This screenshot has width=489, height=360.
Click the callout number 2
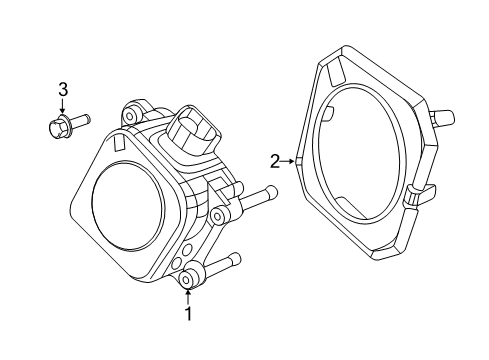click(x=274, y=160)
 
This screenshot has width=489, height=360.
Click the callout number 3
click(x=63, y=89)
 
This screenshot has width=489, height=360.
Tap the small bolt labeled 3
click(x=67, y=124)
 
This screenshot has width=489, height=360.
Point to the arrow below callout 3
click(x=63, y=107)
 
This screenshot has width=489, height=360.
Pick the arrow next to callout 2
click(x=291, y=160)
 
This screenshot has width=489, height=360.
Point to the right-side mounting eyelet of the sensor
click(x=216, y=216)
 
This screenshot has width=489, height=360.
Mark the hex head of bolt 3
click(x=56, y=126)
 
